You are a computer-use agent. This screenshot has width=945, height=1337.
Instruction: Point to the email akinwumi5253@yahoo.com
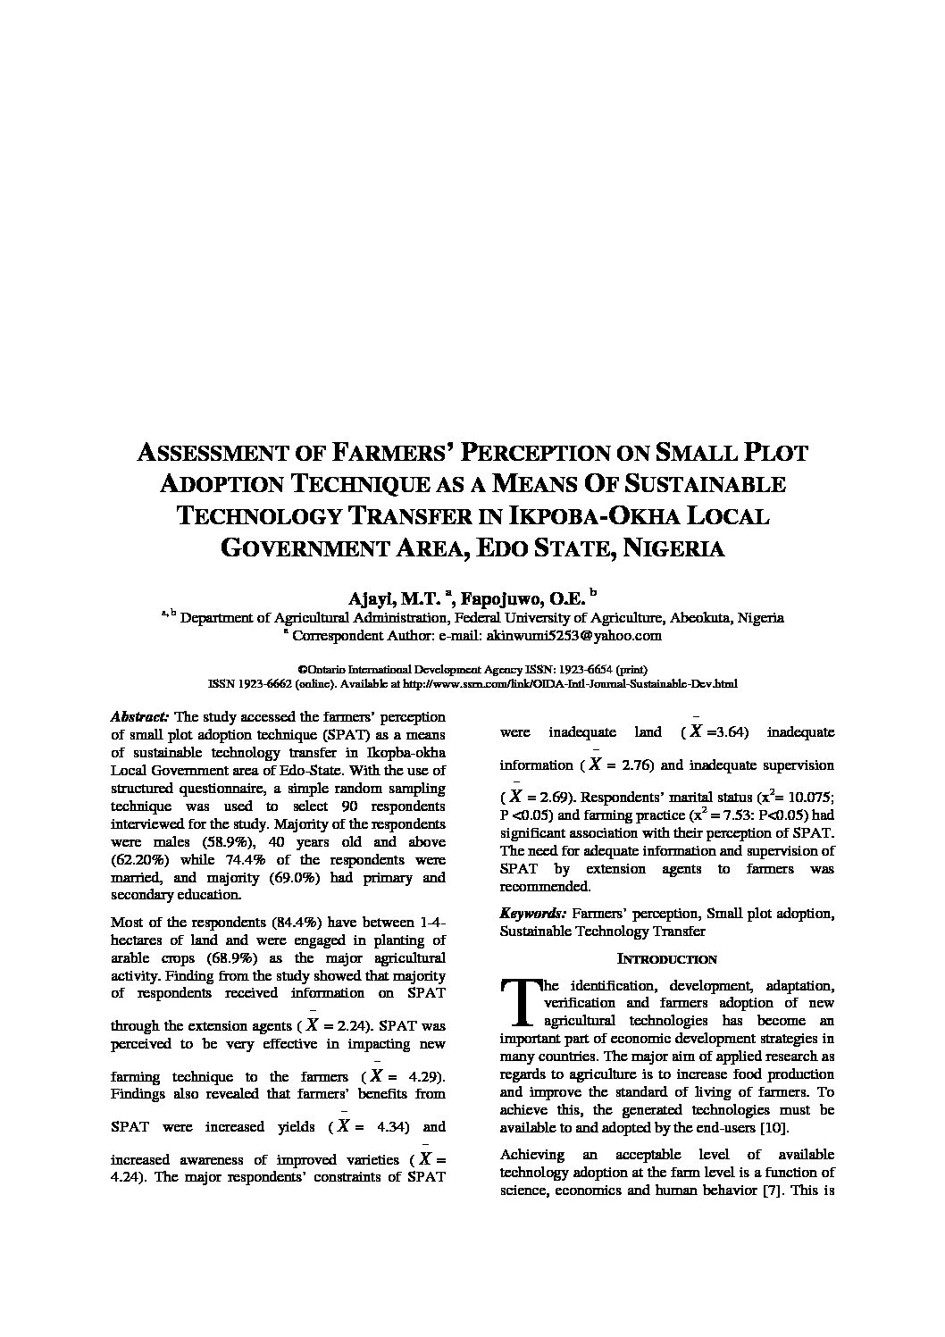(x=573, y=636)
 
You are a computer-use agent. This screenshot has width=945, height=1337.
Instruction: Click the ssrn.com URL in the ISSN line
(x=571, y=684)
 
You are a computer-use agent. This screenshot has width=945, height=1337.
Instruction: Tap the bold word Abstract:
(x=139, y=716)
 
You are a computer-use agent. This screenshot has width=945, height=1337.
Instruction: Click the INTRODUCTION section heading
(x=667, y=959)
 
